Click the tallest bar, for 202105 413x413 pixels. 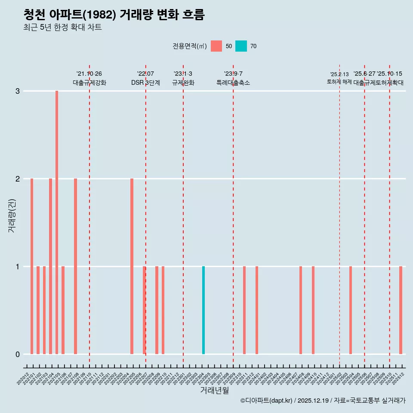coord(57,222)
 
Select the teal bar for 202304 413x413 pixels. coord(203,310)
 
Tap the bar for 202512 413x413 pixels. coord(401,310)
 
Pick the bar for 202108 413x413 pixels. coord(75,266)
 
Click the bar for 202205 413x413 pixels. coord(132,266)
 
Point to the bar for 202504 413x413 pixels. coord(351,310)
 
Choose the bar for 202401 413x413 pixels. coord(257,310)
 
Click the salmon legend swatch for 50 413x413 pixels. coord(216,46)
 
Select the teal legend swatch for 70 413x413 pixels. coord(241,46)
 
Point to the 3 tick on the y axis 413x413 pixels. coord(18,91)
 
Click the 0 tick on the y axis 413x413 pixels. coord(18,354)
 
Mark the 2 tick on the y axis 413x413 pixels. coord(18,179)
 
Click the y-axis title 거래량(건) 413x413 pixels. coord(12,215)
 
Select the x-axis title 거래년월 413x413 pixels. coord(214,390)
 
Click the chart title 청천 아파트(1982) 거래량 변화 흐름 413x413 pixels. coord(114,15)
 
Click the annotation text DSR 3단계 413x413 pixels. coord(145,83)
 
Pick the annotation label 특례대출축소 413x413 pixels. coord(233,83)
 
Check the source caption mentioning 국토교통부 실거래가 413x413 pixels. coord(323,401)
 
